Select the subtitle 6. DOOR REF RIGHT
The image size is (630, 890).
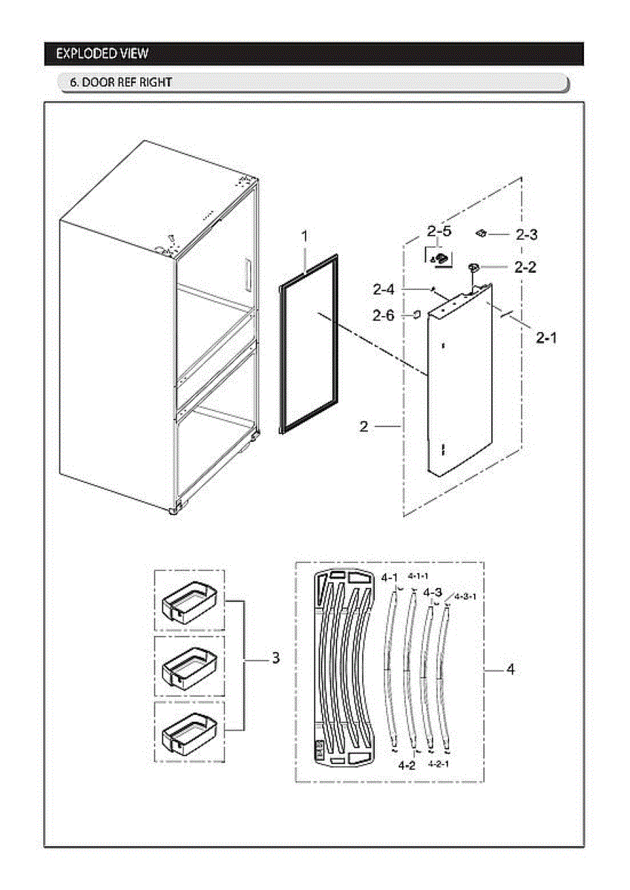pos(121,82)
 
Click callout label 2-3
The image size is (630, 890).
pos(526,234)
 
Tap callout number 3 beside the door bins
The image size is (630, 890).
pos(275,657)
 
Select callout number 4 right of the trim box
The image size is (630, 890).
pos(511,669)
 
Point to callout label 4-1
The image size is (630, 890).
pos(390,577)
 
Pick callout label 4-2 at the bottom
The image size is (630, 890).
pos(406,765)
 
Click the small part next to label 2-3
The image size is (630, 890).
pos(481,234)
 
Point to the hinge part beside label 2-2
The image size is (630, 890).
pos(473,268)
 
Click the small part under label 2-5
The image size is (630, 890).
pos(439,257)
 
